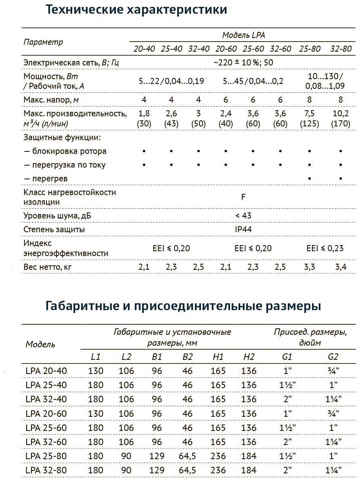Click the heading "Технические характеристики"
[136, 10]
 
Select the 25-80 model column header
[310, 49]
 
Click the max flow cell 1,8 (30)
[144, 118]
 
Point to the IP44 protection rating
[243, 229]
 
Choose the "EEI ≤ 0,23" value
[325, 248]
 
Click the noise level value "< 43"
[243, 216]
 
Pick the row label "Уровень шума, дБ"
[57, 216]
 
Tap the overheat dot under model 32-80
[341, 178]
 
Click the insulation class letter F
[243, 197]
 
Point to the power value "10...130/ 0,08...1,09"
[325, 81]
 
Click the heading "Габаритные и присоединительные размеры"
[184, 306]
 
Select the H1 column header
[218, 357]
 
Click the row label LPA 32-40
[46, 399]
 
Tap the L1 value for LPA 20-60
[96, 413]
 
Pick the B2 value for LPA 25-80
[187, 456]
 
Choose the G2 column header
[333, 357]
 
